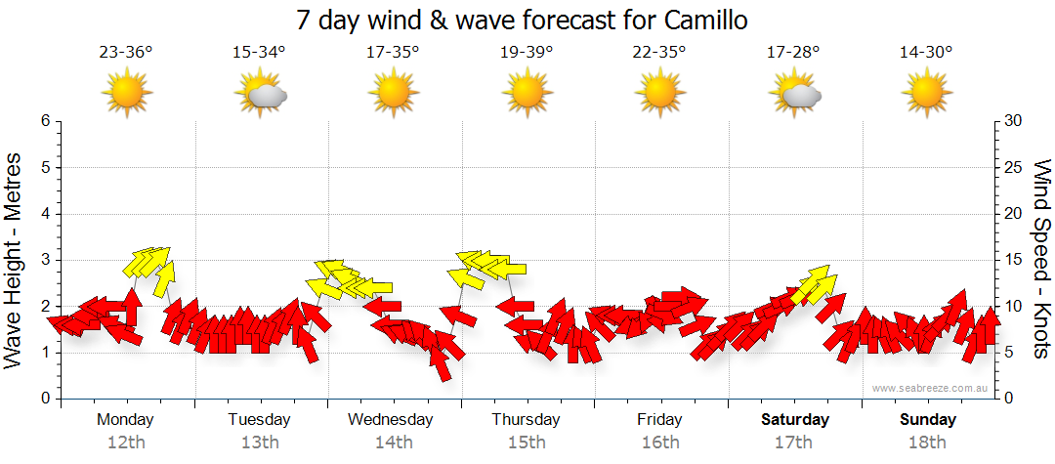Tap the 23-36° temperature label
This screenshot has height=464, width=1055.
pyautogui.click(x=126, y=53)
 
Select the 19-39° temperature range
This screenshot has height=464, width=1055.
pyautogui.click(x=527, y=53)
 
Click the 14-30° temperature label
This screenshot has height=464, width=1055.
pyautogui.click(x=926, y=53)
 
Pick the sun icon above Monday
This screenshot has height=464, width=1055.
pyautogui.click(x=127, y=94)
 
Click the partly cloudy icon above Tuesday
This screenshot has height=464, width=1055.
pyautogui.click(x=260, y=95)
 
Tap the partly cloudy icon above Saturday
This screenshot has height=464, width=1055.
pyautogui.click(x=794, y=95)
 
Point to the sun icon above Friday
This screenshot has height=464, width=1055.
pyautogui.click(x=660, y=94)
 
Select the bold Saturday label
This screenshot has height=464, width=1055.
pyautogui.click(x=794, y=420)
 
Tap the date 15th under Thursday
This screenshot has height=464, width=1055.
pyautogui.click(x=527, y=443)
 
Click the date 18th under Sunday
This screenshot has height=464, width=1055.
pyautogui.click(x=927, y=443)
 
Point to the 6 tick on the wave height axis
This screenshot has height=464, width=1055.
pyautogui.click(x=45, y=121)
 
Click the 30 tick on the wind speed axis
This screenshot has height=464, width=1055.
pyautogui.click(x=1015, y=121)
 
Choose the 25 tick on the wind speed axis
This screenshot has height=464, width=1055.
pyautogui.click(x=1015, y=167)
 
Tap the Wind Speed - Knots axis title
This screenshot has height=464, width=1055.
pyautogui.click(x=1041, y=258)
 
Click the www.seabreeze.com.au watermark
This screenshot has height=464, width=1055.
pyautogui.click(x=932, y=388)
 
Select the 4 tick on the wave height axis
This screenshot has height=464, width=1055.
pyautogui.click(x=45, y=214)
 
